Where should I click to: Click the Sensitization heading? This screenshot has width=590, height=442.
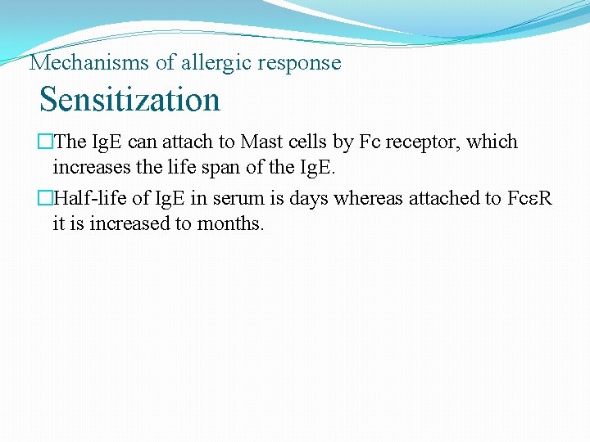pos(129,100)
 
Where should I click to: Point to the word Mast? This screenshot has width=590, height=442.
pos(258,142)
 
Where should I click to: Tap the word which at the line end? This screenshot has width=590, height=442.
pos(492,142)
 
